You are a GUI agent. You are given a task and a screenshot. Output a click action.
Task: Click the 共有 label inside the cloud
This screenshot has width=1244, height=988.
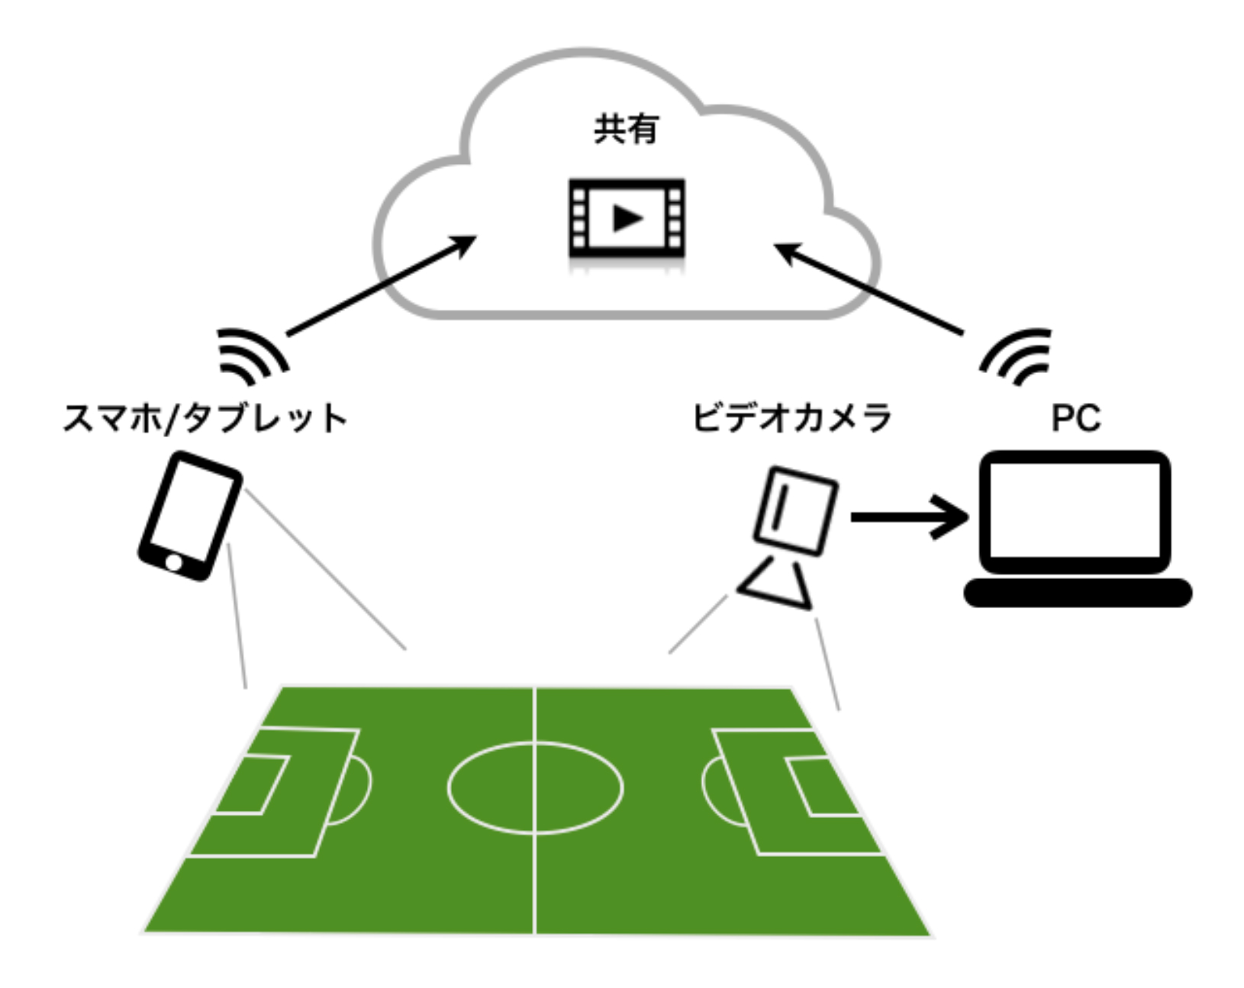625,129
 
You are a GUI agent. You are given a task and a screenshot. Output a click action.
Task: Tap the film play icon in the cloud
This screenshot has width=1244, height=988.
627,220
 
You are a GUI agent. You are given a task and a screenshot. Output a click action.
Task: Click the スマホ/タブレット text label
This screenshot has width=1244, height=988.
205,419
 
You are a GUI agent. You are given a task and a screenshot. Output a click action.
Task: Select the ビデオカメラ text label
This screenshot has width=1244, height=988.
791,419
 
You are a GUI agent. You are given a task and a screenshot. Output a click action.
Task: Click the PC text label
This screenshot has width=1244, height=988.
1076,418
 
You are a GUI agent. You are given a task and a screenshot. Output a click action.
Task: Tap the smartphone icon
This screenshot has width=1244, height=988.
190,515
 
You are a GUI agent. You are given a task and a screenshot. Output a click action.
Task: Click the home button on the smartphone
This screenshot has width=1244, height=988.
174,563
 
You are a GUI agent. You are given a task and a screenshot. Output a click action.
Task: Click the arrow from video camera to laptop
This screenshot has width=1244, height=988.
908,517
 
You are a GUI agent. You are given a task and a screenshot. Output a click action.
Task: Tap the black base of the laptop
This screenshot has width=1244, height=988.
1078,593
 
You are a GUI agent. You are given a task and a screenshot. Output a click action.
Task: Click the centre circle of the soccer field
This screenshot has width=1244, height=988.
535,787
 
